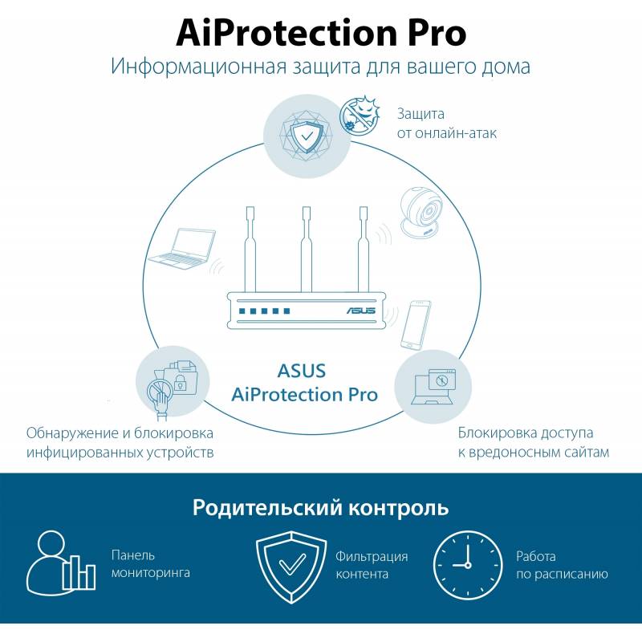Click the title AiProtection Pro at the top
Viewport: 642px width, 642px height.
(x=321, y=33)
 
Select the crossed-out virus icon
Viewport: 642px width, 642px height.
(x=359, y=115)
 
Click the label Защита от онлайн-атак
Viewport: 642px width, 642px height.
(x=447, y=124)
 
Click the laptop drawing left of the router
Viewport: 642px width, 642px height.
(x=182, y=249)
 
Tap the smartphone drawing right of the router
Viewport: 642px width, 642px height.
(x=416, y=325)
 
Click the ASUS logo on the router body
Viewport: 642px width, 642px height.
(x=361, y=310)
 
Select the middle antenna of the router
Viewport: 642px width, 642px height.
(x=306, y=250)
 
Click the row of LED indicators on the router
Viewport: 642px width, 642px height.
(x=265, y=311)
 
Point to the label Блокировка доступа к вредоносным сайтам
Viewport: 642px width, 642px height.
(x=533, y=442)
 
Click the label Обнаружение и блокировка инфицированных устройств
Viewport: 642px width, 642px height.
(x=120, y=443)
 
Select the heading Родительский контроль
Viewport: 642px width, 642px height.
(x=320, y=508)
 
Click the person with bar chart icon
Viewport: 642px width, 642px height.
(x=61, y=563)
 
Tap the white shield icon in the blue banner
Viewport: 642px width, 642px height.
(x=291, y=567)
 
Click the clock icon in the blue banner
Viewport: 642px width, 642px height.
(x=468, y=565)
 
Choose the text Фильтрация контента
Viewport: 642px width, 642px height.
(x=372, y=565)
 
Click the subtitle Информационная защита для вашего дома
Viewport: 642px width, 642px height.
(x=320, y=67)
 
